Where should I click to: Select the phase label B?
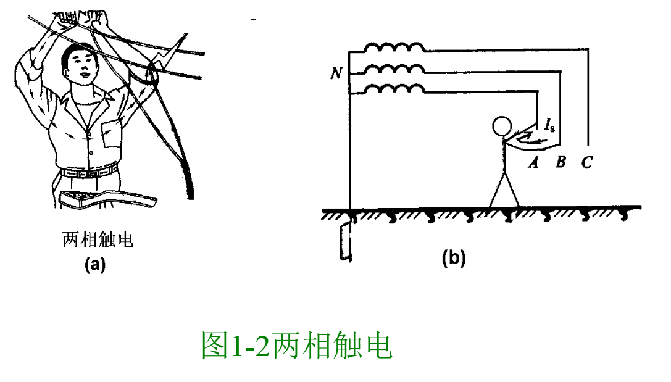pyautogui.click(x=560, y=163)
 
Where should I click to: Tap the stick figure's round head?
pyautogui.click(x=501, y=127)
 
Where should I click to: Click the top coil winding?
pyautogui.click(x=393, y=48)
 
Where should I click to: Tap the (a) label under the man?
pyautogui.click(x=94, y=265)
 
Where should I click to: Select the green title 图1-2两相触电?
pyautogui.click(x=297, y=346)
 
